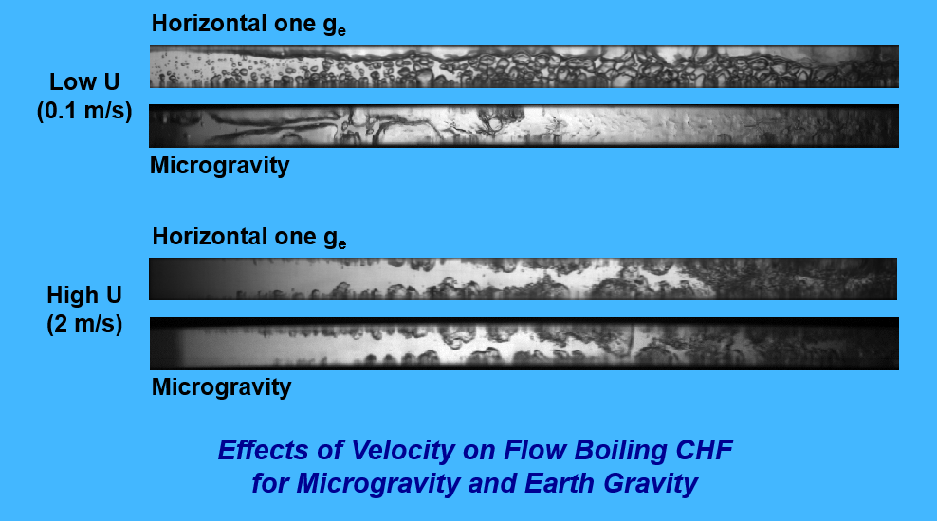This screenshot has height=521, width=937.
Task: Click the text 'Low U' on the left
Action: tap(84, 81)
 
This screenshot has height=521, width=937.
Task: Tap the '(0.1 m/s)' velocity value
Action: tap(84, 111)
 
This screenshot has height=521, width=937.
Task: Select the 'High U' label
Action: tap(84, 295)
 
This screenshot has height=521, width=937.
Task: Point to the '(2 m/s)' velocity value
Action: tap(84, 324)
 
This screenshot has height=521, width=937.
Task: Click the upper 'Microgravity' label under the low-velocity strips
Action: tap(219, 166)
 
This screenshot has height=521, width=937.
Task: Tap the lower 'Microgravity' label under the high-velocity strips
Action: tap(221, 387)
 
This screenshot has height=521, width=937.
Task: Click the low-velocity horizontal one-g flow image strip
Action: tap(524, 67)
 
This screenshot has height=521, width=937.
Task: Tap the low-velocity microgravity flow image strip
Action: tap(524, 126)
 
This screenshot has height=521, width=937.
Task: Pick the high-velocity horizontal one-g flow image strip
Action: tap(523, 278)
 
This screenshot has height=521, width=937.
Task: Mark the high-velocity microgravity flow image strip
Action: tap(524, 344)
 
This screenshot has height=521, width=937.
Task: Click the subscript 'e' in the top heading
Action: tap(341, 31)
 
